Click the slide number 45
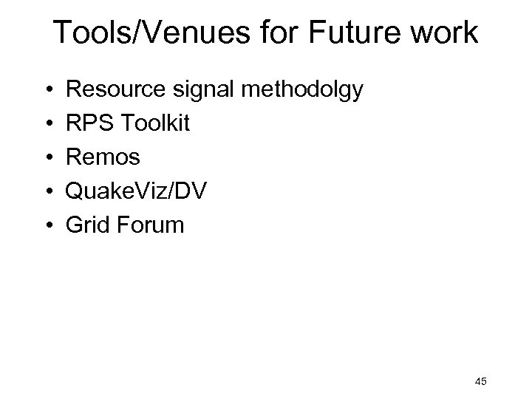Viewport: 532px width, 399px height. tap(481, 381)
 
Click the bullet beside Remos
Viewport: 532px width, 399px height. tap(36, 157)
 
